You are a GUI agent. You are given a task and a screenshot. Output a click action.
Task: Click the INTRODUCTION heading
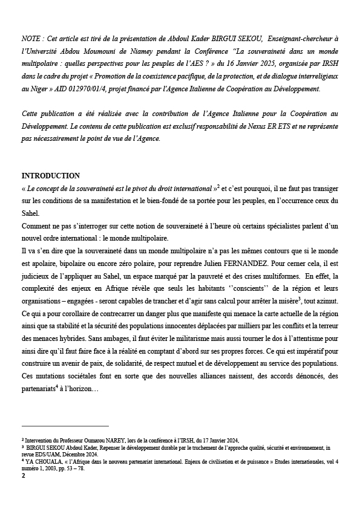click(50, 176)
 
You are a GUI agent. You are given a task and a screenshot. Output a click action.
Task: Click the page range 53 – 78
click(76, 468)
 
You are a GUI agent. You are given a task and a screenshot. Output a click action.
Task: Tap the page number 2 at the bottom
click(24, 476)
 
